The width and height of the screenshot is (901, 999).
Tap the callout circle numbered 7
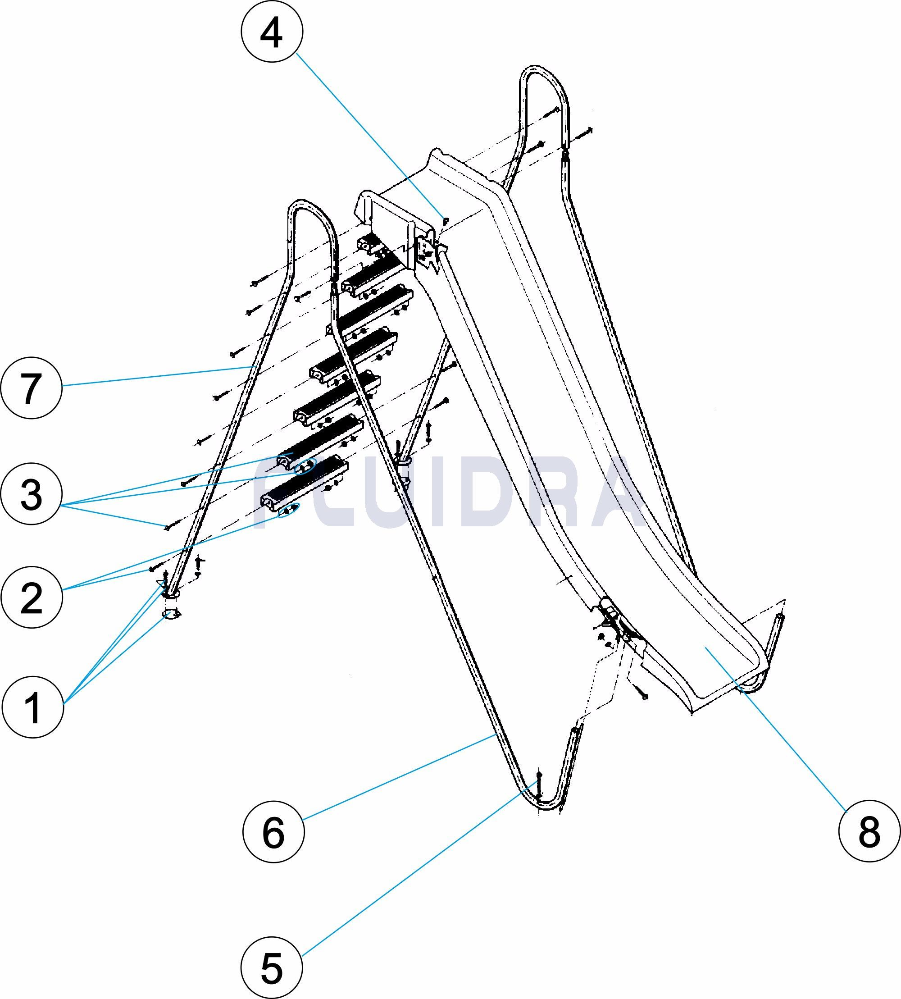coord(32,388)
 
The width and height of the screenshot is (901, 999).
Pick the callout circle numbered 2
coord(32,598)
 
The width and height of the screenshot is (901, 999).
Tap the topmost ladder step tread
coord(369,244)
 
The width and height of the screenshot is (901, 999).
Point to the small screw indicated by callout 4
coord(445,219)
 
